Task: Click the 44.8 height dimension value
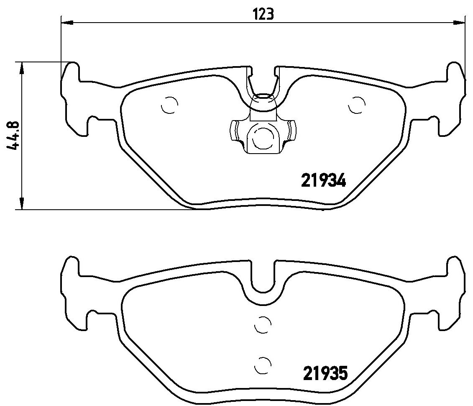(x=13, y=136)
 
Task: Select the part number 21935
(x=325, y=373)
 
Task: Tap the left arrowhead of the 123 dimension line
(x=67, y=22)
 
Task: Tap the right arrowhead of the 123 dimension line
(x=459, y=22)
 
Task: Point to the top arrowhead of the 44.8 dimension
(x=21, y=68)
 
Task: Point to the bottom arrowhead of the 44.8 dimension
(x=21, y=203)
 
